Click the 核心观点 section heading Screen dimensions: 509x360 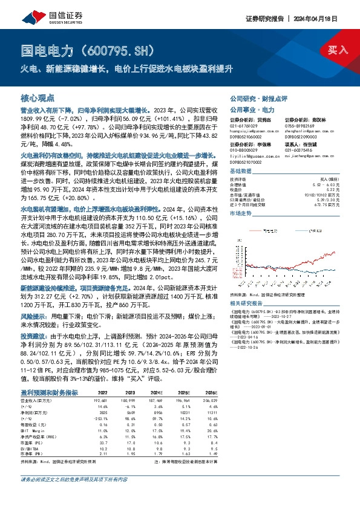[x=38, y=97]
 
